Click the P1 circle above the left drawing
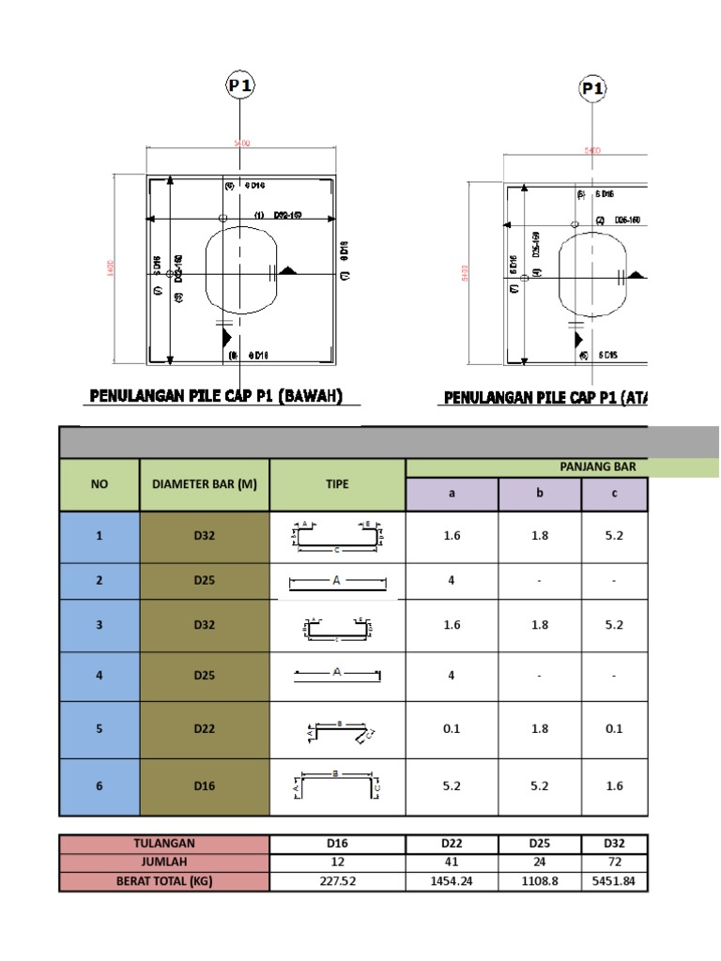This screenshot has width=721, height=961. tap(240, 86)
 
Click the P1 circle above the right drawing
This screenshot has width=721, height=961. tap(591, 89)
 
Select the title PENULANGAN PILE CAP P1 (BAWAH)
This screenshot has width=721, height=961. tap(215, 397)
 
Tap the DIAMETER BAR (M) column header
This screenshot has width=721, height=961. tap(205, 484)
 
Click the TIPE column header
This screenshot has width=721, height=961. tap(337, 484)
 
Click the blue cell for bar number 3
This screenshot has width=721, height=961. tap(100, 625)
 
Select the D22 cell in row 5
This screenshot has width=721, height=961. tap(205, 729)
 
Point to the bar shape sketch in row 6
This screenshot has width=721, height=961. tap(337, 786)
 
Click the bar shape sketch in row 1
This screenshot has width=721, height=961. tap(337, 536)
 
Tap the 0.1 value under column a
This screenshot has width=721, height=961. tap(452, 729)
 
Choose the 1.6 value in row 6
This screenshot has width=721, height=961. tap(614, 786)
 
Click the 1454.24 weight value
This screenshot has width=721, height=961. tap(452, 882)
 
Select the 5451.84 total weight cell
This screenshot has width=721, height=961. tap(614, 882)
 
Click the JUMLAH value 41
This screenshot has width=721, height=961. tap(452, 862)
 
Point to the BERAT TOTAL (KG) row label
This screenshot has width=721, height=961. tap(164, 882)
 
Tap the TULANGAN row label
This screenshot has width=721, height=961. tap(164, 844)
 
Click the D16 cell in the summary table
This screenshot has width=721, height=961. tap(337, 844)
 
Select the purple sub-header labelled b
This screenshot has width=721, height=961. tap(539, 494)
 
